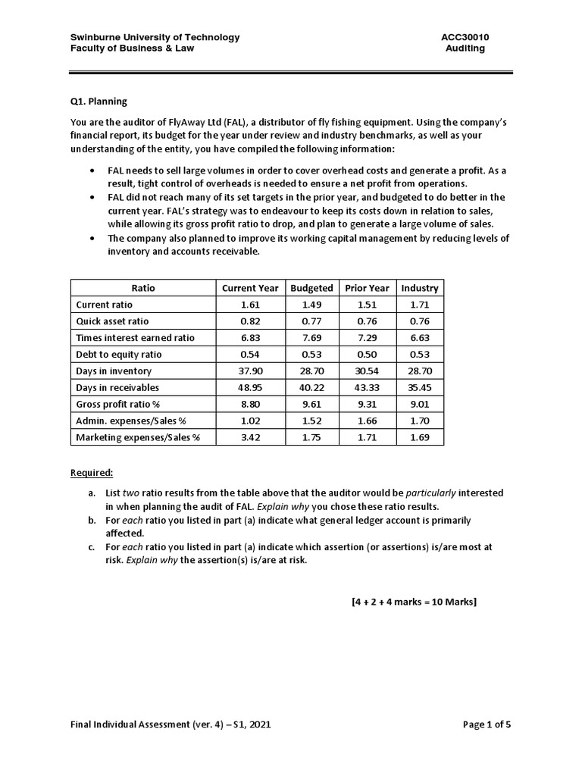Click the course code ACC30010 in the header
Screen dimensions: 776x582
pyautogui.click(x=463, y=37)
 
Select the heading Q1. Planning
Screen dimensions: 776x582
pyautogui.click(x=99, y=101)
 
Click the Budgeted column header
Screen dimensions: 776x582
pyautogui.click(x=311, y=288)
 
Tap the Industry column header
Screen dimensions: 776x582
pyautogui.click(x=420, y=288)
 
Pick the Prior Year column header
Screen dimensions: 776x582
pyautogui.click(x=367, y=288)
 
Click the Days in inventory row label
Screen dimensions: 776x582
pyautogui.click(x=114, y=371)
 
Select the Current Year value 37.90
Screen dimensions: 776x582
pyautogui.click(x=250, y=371)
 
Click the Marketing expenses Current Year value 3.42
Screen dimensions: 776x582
pyautogui.click(x=250, y=437)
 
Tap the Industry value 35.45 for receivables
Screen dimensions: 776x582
pyautogui.click(x=420, y=388)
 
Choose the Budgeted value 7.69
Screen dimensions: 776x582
pyautogui.click(x=311, y=338)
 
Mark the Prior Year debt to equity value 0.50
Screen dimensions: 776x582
pyautogui.click(x=367, y=355)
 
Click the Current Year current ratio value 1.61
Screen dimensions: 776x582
pyautogui.click(x=250, y=305)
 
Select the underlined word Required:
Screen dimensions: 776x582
pyautogui.click(x=92, y=473)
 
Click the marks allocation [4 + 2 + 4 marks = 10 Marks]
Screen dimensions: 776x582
pyautogui.click(x=414, y=602)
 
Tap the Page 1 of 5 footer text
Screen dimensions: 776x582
pyautogui.click(x=487, y=724)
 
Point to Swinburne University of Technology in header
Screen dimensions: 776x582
pyautogui.click(x=155, y=37)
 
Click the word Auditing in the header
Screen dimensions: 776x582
pyautogui.click(x=465, y=48)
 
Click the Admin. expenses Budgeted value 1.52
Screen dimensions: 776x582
pyautogui.click(x=311, y=421)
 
